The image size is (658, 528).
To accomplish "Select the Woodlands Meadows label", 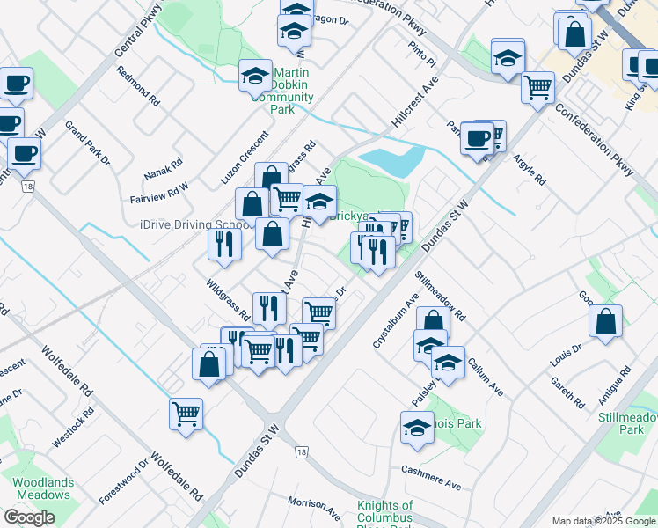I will coord(41,488).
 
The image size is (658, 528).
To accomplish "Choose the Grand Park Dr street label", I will coord(87,143).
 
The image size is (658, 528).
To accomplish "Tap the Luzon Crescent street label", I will coord(245,158).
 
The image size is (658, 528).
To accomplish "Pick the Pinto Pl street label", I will coord(422,56).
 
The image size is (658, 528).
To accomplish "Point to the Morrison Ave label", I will coord(314,508).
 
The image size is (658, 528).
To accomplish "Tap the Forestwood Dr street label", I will coord(124,480).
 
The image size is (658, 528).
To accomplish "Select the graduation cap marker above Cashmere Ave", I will coord(417,428).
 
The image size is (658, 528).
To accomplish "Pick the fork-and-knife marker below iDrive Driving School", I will coord(224,242).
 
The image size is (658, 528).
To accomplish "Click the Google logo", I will coord(29,517).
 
